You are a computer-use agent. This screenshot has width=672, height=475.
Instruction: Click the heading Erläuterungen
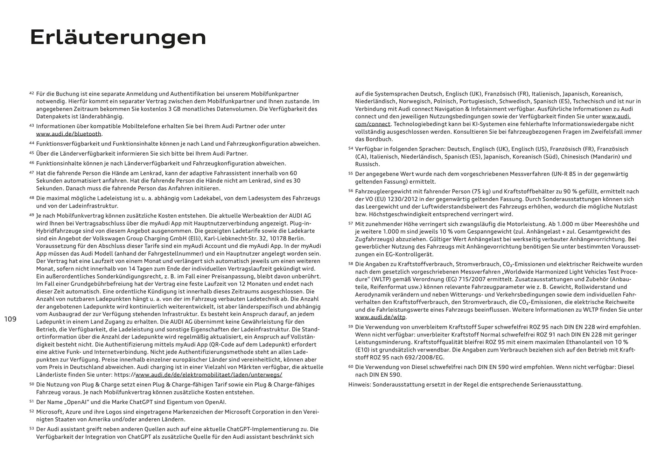[x=118, y=37]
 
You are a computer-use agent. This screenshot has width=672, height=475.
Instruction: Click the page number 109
[x=10, y=319]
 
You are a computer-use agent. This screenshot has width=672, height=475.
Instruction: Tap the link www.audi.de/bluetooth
[x=69, y=134]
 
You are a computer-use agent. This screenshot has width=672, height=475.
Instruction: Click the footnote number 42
[x=31, y=93]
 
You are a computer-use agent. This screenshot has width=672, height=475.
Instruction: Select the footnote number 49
[x=31, y=215]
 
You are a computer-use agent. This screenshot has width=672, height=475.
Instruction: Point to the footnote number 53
[x=31, y=428]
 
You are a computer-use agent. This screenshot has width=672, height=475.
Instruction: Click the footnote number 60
[x=351, y=366]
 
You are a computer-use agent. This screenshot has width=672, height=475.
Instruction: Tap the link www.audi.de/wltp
[x=380, y=317]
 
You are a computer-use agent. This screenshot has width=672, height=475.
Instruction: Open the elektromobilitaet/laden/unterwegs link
[x=209, y=375]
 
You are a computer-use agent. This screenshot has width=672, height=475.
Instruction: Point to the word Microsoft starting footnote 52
[x=50, y=412]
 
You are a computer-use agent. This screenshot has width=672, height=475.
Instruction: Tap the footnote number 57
[x=351, y=223]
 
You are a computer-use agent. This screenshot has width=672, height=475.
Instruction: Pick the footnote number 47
[x=31, y=172]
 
